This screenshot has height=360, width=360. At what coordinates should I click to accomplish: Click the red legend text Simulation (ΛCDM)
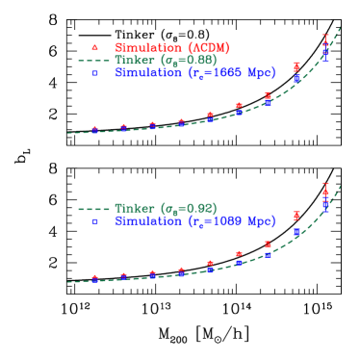pyautogui.click(x=171, y=47)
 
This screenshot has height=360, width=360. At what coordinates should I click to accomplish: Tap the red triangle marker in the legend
pyautogui.click(x=94, y=46)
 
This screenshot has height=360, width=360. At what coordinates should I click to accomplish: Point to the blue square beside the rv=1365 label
pyautogui.click(x=94, y=72)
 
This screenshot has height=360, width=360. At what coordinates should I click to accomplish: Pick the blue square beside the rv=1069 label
pyautogui.click(x=94, y=220)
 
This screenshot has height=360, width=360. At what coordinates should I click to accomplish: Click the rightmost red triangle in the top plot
pyautogui.click(x=325, y=40)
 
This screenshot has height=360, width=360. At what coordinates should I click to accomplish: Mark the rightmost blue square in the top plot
pyautogui.click(x=325, y=56)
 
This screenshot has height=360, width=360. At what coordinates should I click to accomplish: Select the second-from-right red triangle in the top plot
pyautogui.click(x=296, y=65)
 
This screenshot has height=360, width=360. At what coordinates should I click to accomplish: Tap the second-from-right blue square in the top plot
pyautogui.click(x=296, y=78)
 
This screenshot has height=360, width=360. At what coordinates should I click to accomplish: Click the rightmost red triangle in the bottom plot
pyautogui.click(x=325, y=190)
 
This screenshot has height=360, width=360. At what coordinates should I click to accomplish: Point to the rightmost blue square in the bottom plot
pyautogui.click(x=325, y=204)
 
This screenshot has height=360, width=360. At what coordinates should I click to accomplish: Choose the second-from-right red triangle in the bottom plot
pyautogui.click(x=296, y=216)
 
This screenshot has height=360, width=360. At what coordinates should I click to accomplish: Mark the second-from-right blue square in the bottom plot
pyautogui.click(x=296, y=232)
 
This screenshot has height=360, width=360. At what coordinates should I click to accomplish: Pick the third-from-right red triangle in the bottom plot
pyautogui.click(x=268, y=244)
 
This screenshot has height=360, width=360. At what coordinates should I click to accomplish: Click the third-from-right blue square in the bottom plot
pyautogui.click(x=268, y=253)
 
